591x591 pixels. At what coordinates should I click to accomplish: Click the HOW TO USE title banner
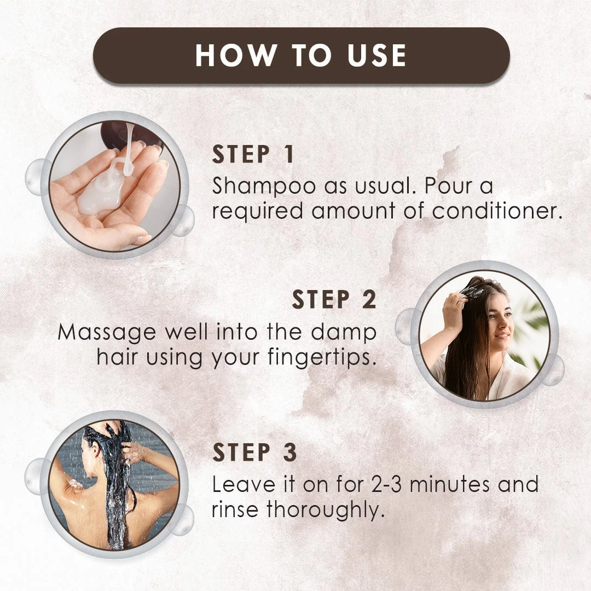[301, 55]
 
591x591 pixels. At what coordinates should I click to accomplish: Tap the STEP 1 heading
[253, 155]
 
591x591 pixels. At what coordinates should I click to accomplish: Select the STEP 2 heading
[334, 299]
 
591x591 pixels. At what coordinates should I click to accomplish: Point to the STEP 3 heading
[254, 453]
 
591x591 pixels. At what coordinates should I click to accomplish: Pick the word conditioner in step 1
[497, 211]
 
